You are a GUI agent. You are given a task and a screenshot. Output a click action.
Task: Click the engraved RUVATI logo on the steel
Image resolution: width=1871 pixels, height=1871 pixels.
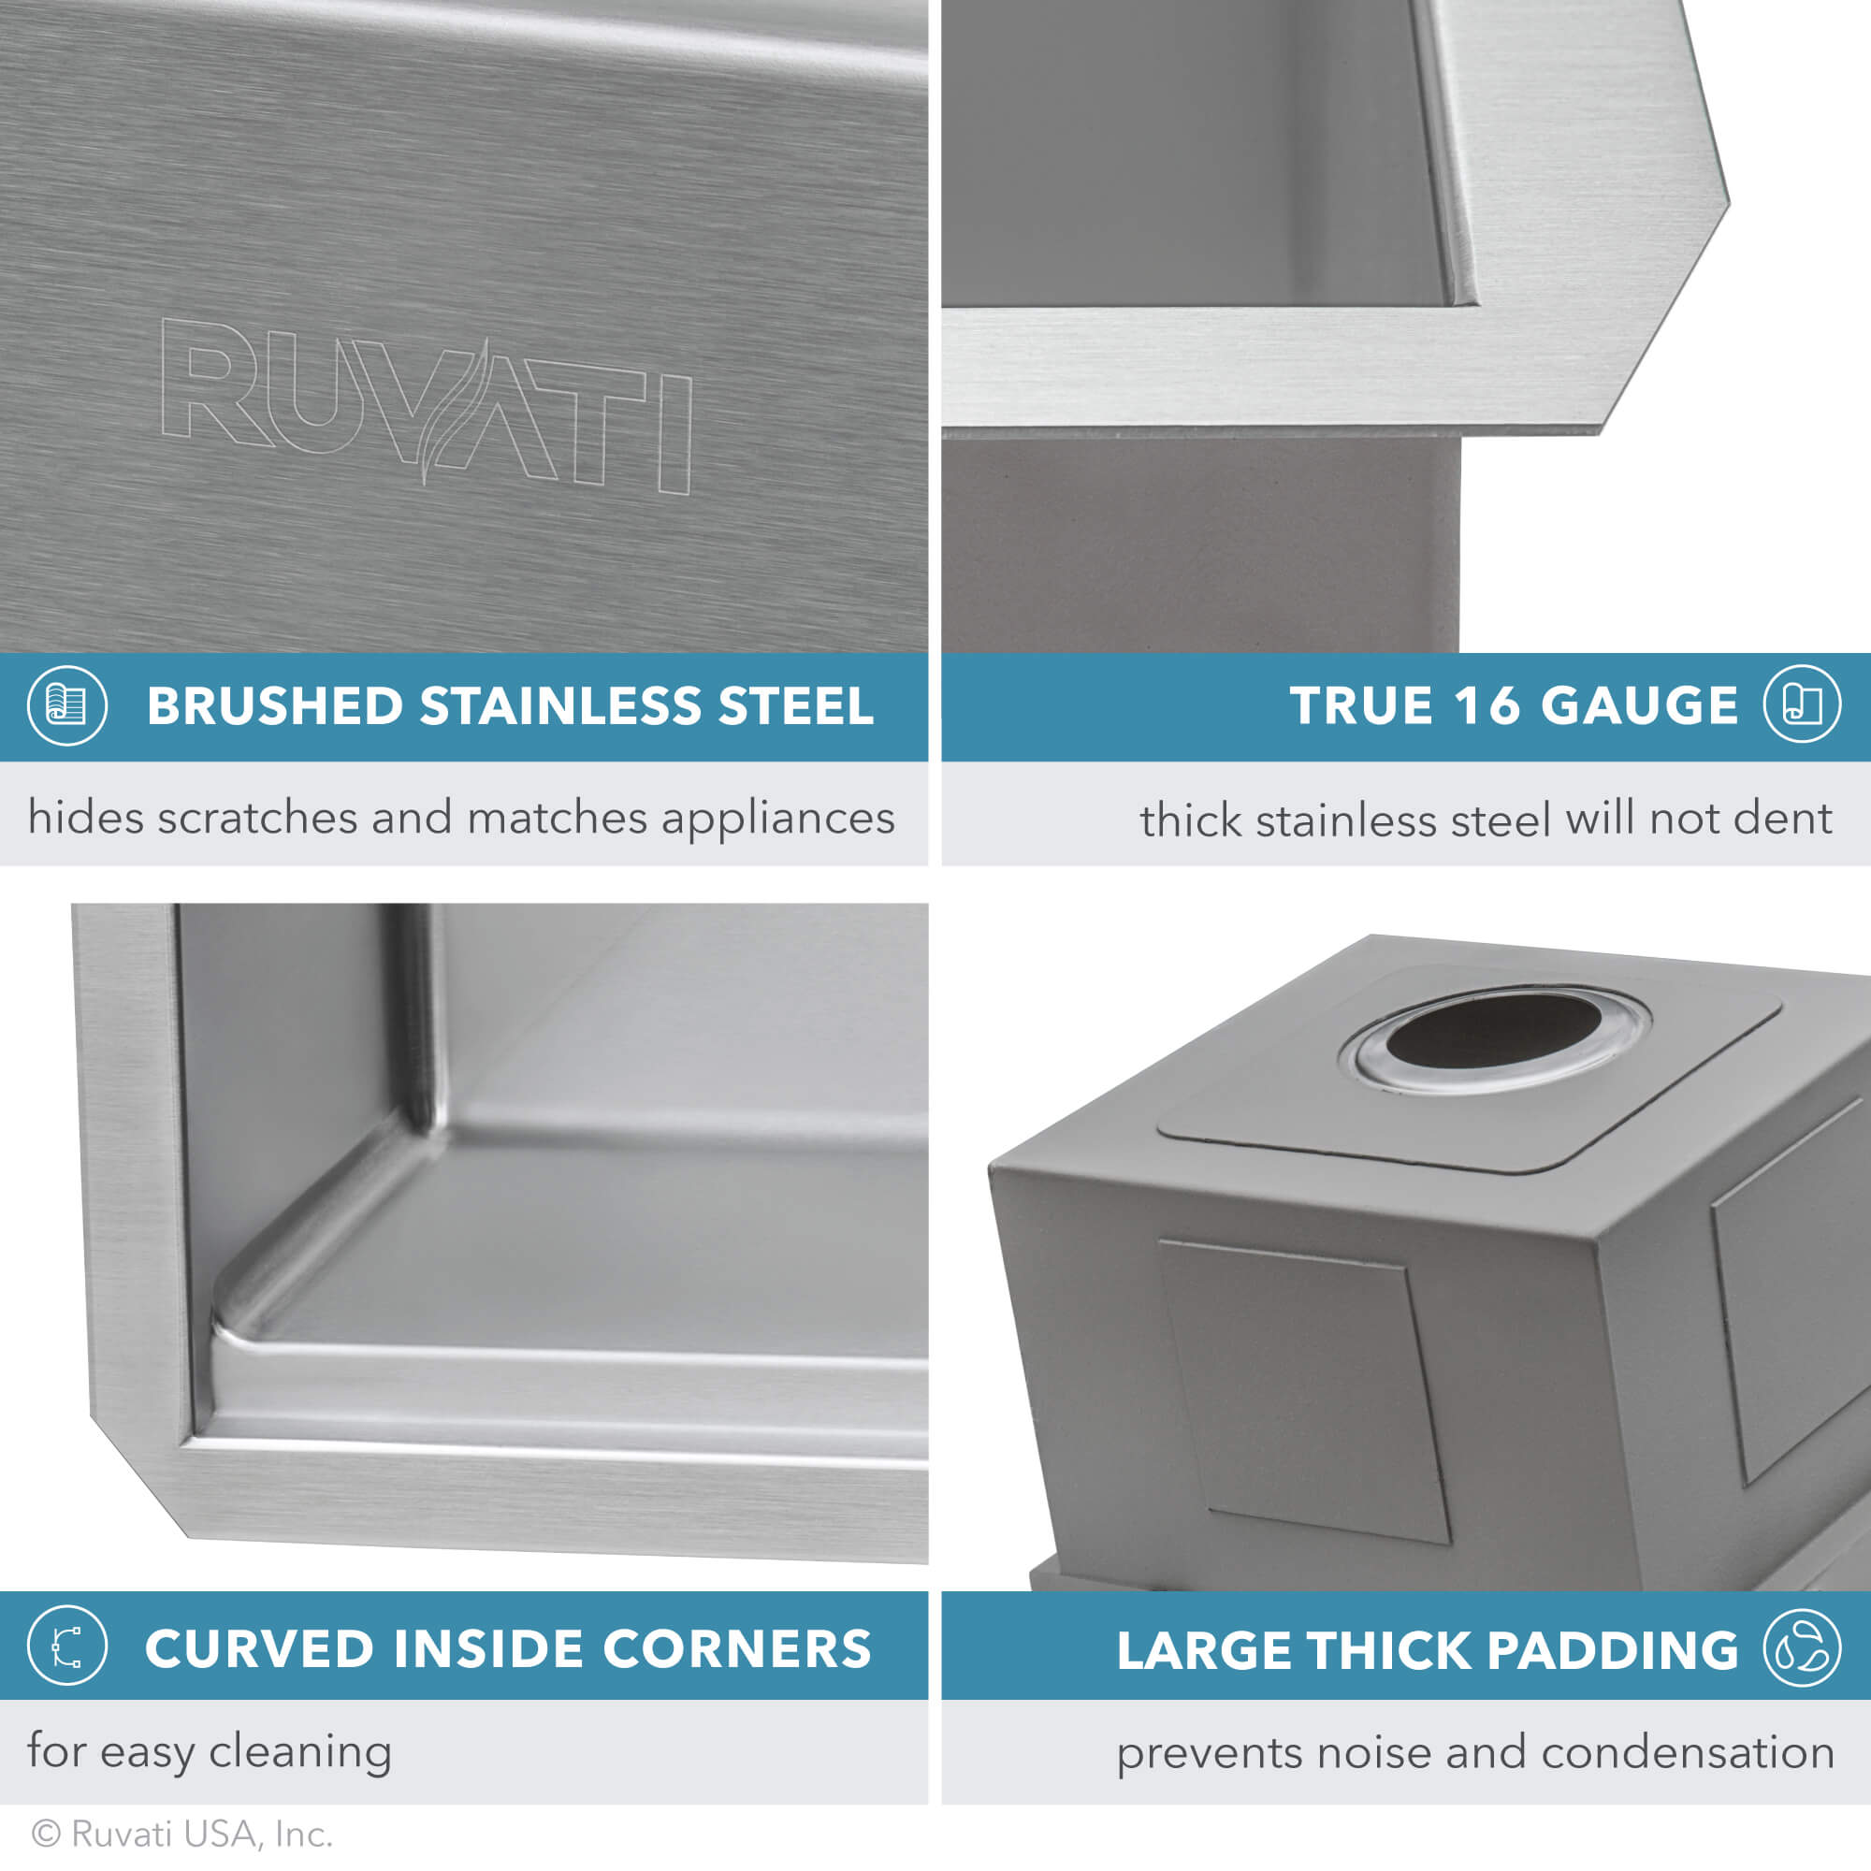pyautogui.click(x=426, y=405)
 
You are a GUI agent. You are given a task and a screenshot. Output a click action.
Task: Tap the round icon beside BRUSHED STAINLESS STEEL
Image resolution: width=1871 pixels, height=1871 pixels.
pyautogui.click(x=66, y=705)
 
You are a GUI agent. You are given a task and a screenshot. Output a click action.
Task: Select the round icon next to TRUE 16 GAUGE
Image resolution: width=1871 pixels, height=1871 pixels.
pyautogui.click(x=1801, y=705)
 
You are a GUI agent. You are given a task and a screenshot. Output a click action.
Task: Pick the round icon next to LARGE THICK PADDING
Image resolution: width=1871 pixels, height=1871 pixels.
pyautogui.click(x=1801, y=1647)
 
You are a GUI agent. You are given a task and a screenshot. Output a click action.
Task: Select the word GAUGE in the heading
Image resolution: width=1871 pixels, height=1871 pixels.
pyautogui.click(x=1639, y=705)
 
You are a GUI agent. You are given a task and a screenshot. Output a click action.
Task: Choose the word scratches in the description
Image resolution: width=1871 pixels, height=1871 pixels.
pyautogui.click(x=257, y=819)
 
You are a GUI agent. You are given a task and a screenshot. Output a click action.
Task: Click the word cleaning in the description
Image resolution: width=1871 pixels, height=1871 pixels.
pyautogui.click(x=300, y=1752)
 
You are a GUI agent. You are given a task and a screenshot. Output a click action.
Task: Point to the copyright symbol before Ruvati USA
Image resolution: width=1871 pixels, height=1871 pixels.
pyautogui.click(x=47, y=1834)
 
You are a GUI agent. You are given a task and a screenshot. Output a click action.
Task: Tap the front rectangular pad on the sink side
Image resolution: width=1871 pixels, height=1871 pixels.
pyautogui.click(x=1302, y=1390)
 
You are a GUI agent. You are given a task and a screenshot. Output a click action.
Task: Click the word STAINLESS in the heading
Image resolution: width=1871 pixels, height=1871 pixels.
pyautogui.click(x=558, y=705)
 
